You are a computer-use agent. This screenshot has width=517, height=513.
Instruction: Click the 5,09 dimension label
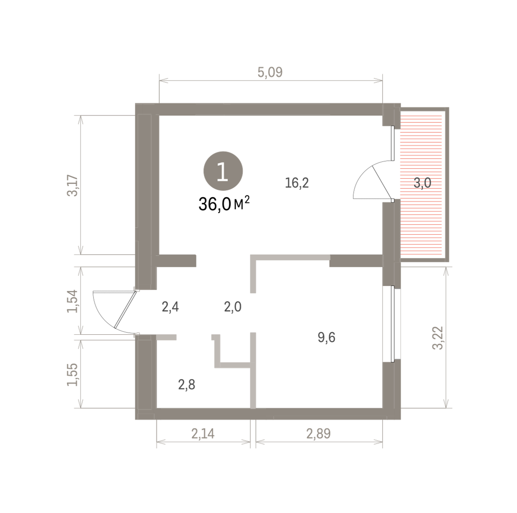(x=270, y=72)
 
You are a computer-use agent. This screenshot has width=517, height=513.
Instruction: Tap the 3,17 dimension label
(x=72, y=186)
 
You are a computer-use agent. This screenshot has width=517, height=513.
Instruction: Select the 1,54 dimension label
(x=72, y=302)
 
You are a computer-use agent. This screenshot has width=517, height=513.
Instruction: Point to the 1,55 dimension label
(x=72, y=375)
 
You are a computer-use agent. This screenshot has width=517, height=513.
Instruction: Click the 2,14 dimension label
(x=203, y=434)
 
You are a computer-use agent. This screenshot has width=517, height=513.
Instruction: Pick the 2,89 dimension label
(x=318, y=434)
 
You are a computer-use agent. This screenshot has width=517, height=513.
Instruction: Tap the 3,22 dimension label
(x=438, y=338)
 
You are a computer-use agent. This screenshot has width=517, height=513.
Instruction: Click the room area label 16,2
(x=297, y=183)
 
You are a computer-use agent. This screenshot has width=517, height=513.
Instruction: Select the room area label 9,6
(x=327, y=337)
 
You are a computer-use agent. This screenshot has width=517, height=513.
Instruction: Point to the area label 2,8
(x=187, y=385)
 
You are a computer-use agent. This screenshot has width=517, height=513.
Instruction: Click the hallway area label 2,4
(x=170, y=307)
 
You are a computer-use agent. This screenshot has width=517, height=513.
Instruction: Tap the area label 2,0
(x=233, y=307)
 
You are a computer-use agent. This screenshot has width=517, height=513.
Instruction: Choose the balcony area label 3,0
(x=422, y=183)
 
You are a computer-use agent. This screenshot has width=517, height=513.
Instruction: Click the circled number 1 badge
(x=223, y=171)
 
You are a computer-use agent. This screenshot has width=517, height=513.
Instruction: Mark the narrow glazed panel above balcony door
(x=393, y=143)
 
